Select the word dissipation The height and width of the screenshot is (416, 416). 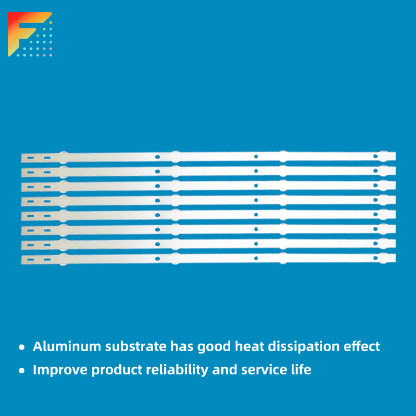303,347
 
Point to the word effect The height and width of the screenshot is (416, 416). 362,346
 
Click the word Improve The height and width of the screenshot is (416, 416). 60,370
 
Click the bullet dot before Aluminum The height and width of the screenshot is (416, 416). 22,347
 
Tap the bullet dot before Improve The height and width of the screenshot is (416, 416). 22,371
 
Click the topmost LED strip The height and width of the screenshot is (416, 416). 209,157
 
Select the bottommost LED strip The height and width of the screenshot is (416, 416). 209,258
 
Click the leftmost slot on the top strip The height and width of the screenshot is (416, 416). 31,158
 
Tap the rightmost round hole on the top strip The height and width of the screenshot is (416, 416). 376,156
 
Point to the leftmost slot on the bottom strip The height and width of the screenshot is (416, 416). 31,260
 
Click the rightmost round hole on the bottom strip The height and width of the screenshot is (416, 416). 376,258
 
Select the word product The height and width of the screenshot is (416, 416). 116,370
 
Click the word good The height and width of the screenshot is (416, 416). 214,347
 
